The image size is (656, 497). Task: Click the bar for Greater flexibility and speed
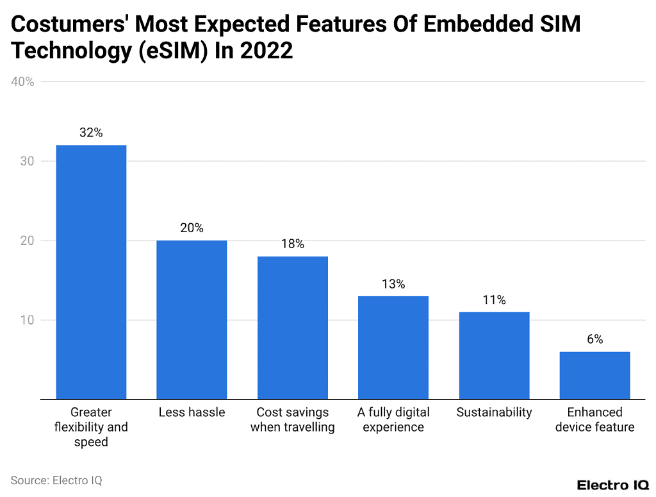(91, 272)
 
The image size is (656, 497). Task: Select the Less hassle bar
(192, 319)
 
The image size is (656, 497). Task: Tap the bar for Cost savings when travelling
(293, 328)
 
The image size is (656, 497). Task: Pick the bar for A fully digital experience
(393, 348)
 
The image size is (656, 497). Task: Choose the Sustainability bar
(494, 355)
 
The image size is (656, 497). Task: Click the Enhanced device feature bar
(594, 375)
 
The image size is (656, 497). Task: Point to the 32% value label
(91, 133)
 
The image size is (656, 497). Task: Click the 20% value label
(192, 228)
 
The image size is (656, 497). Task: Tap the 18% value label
(293, 244)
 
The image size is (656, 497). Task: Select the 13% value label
(393, 283)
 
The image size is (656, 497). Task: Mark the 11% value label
(494, 299)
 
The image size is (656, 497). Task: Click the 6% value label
(594, 339)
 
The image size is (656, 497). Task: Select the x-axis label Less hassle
(192, 412)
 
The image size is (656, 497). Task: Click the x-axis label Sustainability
(494, 412)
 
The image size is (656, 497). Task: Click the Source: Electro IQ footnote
(56, 480)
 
